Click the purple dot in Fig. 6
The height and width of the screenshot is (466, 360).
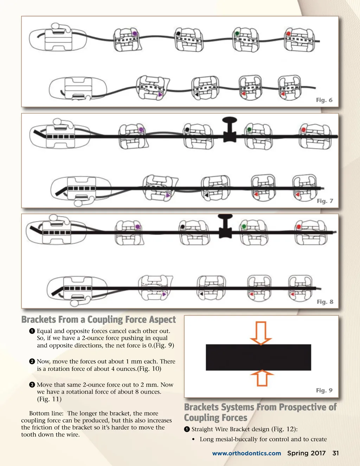click(x=135, y=33)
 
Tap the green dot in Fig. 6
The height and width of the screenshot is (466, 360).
click(x=237, y=33)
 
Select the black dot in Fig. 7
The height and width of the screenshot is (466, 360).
click(x=187, y=129)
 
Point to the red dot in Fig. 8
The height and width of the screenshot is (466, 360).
click(x=299, y=226)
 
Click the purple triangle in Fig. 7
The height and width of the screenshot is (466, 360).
click(x=168, y=195)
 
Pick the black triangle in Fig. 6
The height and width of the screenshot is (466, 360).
click(x=197, y=94)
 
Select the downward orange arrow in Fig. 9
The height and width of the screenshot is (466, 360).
click(x=261, y=333)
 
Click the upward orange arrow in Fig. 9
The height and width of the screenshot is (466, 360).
click(x=262, y=378)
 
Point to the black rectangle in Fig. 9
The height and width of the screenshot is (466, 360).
click(x=258, y=357)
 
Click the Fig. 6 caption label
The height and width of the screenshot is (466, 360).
click(x=324, y=100)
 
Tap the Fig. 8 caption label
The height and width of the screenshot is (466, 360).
click(x=325, y=302)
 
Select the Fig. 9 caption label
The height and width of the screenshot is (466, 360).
click(x=324, y=390)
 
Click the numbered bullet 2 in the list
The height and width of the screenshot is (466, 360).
click(x=32, y=361)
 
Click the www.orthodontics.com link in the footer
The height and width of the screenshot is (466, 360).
click(x=246, y=453)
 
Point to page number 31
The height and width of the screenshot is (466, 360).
click(x=335, y=453)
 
